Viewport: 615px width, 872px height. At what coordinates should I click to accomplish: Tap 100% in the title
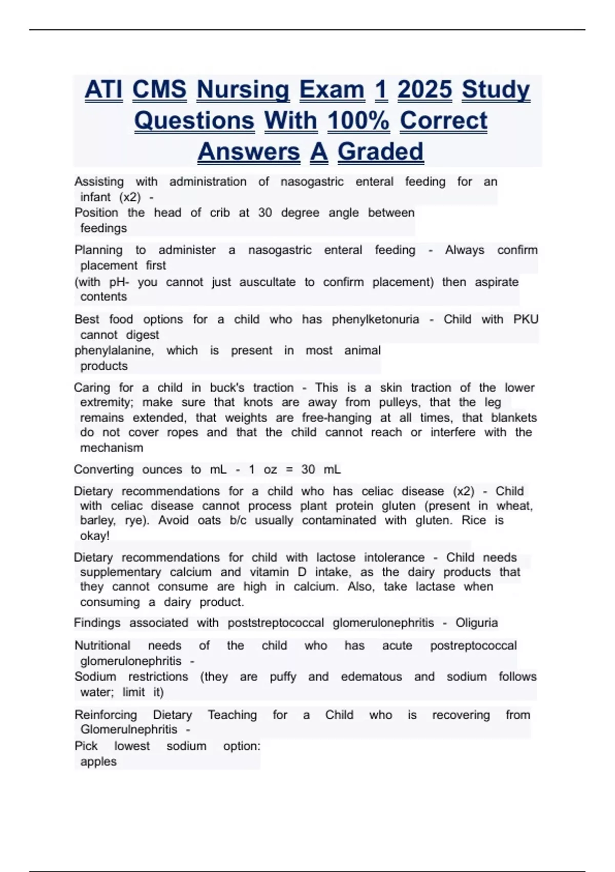[x=358, y=121]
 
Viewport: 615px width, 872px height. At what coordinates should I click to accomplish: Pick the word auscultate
[x=267, y=282]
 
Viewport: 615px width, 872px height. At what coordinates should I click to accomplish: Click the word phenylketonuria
[x=375, y=319]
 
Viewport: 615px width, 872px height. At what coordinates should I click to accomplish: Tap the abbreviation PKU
[x=525, y=319]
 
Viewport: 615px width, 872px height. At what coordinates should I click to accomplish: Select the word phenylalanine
[x=114, y=350]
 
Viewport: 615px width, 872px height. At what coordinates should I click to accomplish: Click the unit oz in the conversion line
[x=270, y=469]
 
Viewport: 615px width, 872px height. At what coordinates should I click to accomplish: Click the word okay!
[x=95, y=536]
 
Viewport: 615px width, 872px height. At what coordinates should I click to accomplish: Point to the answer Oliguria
[x=476, y=623]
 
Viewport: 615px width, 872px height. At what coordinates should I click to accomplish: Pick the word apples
[x=98, y=761]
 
